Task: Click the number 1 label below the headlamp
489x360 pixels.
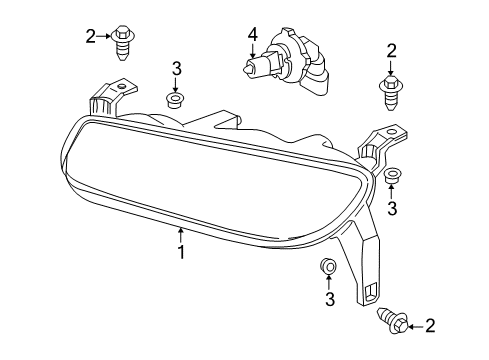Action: tap(181, 253)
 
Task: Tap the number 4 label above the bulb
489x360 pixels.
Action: tap(252, 39)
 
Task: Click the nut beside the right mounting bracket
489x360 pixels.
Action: tap(391, 176)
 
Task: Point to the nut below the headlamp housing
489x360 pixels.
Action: tap(327, 266)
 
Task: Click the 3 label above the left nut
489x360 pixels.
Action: tap(176, 68)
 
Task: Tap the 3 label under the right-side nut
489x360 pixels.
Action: tap(392, 208)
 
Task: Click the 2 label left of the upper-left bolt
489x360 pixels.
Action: tap(91, 37)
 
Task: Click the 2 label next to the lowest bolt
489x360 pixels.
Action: tap(431, 324)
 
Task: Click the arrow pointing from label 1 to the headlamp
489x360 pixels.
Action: tap(181, 237)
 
